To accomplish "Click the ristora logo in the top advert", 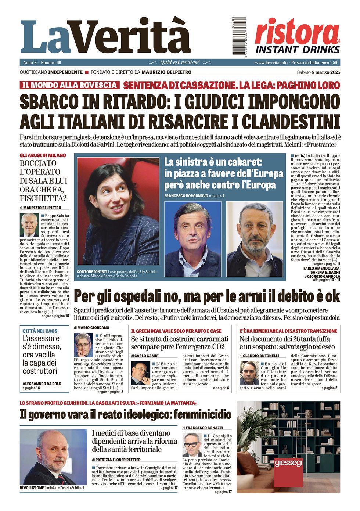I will [x=297, y=32].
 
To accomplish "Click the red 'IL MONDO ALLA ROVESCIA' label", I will [x=69, y=85].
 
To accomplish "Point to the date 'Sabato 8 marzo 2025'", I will [x=318, y=72].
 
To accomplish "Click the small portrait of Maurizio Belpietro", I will [x=29, y=225].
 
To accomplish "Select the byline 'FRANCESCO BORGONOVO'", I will [x=186, y=196].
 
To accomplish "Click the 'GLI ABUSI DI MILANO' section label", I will [x=43, y=155].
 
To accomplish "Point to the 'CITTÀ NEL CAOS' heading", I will [x=40, y=331].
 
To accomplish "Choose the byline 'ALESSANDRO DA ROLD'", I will [x=42, y=384].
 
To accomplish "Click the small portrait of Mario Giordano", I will [x=83, y=345].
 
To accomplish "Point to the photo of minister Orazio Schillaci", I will [x=54, y=457].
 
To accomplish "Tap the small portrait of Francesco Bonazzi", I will [x=192, y=445].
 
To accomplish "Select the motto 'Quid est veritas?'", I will [x=180, y=62].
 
